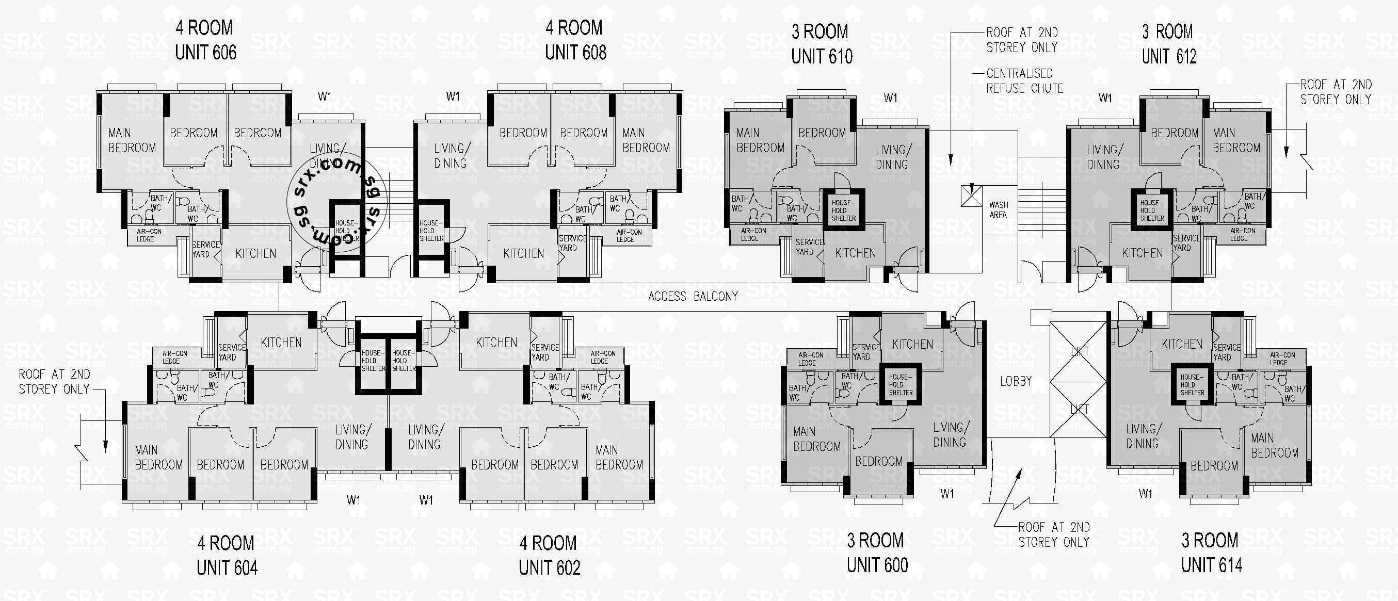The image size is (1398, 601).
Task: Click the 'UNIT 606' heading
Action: tap(206, 53)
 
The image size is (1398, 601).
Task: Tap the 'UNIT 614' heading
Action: tap(1211, 566)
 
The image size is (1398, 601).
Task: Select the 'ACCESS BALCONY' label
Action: tap(693, 296)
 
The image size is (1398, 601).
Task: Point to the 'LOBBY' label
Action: tap(1016, 381)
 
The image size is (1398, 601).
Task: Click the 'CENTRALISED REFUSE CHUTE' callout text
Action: tap(1024, 81)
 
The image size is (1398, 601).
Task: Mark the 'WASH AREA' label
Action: tap(999, 210)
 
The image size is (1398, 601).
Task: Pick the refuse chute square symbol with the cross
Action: tap(971, 196)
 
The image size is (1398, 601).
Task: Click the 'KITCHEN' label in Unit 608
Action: tap(523, 253)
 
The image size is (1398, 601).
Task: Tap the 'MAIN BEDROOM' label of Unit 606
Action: tap(132, 140)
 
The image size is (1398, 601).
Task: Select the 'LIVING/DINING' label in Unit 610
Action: tap(893, 157)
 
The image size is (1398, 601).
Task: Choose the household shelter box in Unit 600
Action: tap(901, 384)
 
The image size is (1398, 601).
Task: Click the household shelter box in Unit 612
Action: tap(1152, 210)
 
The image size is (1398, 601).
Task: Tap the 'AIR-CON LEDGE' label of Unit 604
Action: tap(174, 357)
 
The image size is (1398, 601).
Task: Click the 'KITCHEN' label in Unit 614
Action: tap(1181, 344)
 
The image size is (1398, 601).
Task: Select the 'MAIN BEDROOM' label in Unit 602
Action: tap(619, 457)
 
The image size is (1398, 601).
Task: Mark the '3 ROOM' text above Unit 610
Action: tap(819, 31)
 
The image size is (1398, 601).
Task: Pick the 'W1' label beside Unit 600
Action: tap(947, 494)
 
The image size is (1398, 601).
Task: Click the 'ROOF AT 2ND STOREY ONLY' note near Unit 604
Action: tap(54, 381)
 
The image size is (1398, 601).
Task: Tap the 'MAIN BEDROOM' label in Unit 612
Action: tap(1236, 140)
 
